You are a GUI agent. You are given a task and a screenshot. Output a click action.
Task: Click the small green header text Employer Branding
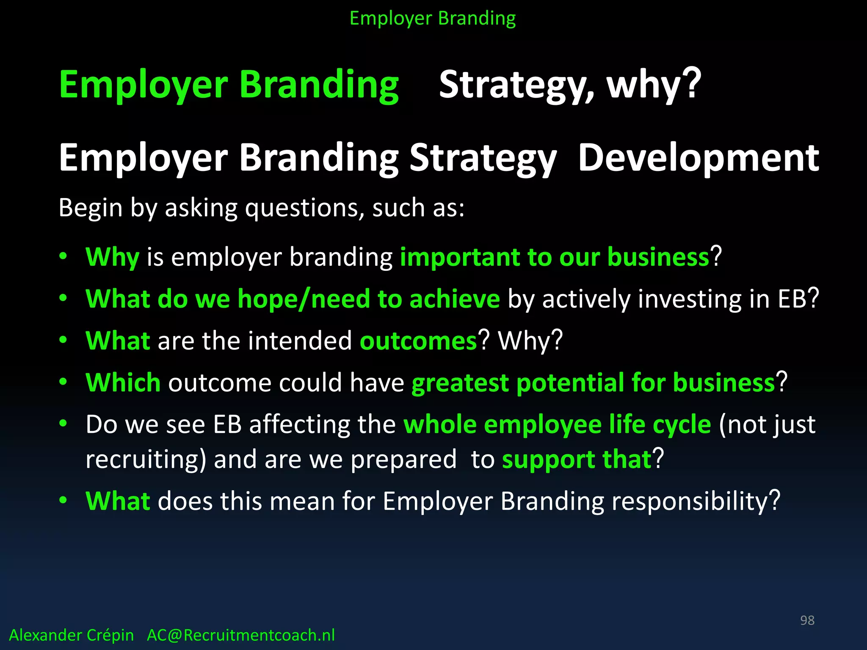click(433, 19)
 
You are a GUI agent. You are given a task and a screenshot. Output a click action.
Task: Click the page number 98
click(807, 620)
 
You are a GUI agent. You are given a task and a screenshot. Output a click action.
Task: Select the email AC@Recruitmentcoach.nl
click(240, 635)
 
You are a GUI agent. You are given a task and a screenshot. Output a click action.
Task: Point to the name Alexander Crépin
click(71, 635)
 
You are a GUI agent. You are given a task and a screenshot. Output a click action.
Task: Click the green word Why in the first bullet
click(112, 257)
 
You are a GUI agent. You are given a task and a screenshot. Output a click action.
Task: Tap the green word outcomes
click(418, 341)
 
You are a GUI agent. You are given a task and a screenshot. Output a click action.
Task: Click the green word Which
click(123, 383)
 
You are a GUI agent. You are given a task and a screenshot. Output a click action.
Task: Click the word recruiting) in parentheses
click(146, 460)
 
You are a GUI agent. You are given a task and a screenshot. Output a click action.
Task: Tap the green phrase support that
click(577, 460)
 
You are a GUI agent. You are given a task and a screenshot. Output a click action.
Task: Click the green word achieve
click(455, 299)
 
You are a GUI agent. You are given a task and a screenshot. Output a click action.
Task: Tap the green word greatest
click(460, 383)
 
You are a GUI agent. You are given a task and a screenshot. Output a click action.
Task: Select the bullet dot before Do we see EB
click(63, 423)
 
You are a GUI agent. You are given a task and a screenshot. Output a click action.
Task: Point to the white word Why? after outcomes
click(530, 341)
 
